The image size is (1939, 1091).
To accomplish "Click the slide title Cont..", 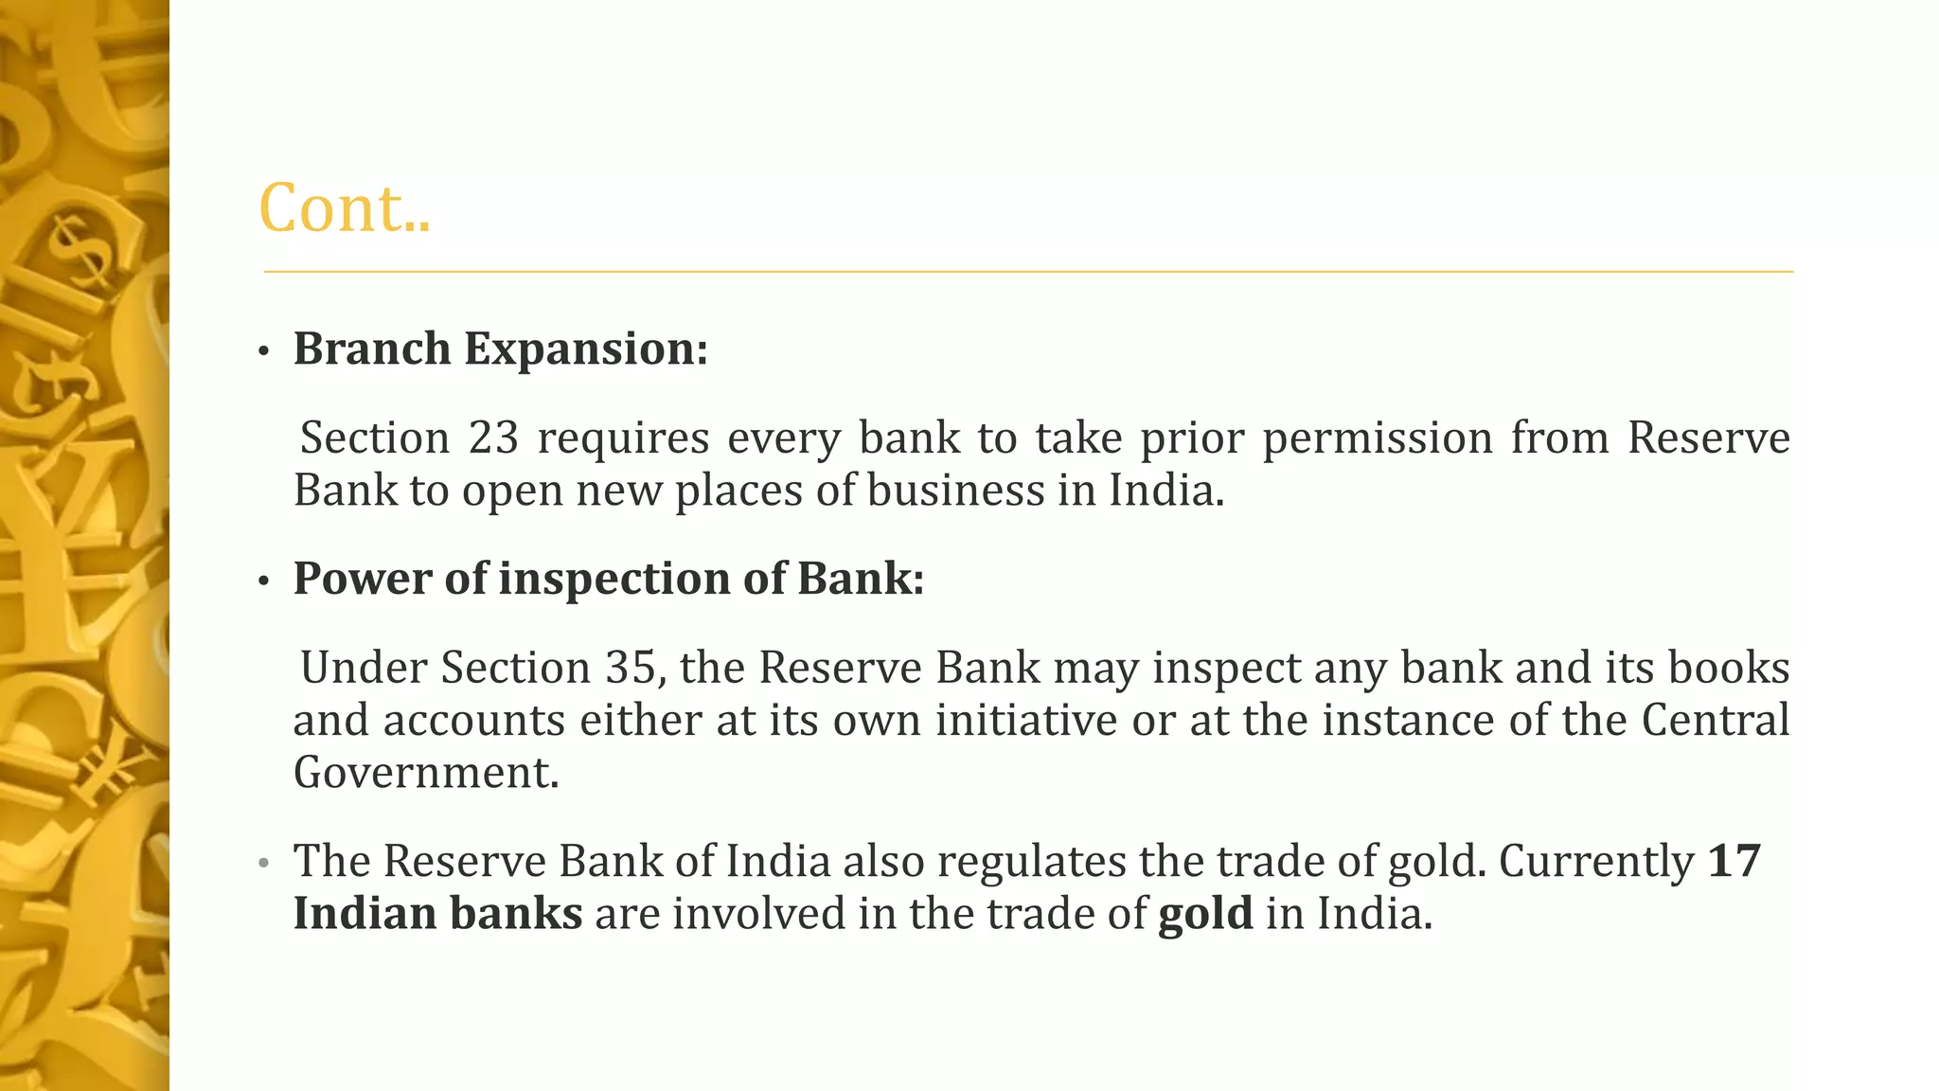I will point(344,207).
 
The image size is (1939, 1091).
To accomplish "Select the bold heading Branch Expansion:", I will point(500,349).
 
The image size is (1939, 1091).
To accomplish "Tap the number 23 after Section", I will point(493,438).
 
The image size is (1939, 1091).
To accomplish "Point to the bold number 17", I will point(1734,861).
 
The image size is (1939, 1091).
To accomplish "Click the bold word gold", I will point(1205,914).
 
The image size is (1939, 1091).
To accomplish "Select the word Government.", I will point(425,773).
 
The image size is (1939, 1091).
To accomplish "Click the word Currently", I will point(1596,861).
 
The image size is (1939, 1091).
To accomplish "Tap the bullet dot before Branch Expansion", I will point(264,352).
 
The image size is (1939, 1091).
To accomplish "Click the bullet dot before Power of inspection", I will point(264,582).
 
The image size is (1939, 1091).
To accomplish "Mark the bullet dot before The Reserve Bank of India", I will point(264,865).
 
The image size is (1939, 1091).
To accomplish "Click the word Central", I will point(1715,720).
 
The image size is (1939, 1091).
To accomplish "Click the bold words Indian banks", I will point(437,914).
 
